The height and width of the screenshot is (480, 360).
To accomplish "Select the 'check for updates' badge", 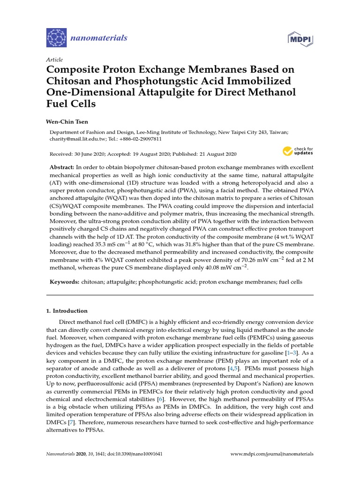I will coord(297,151).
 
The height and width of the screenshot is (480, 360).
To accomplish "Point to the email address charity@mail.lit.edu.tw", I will coord(75,139).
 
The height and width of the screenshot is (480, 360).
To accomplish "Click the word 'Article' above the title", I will coord(54,60).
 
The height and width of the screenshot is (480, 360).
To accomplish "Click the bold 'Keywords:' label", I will coord(64,282).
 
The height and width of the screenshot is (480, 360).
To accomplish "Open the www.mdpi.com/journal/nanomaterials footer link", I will coord(272,454).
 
